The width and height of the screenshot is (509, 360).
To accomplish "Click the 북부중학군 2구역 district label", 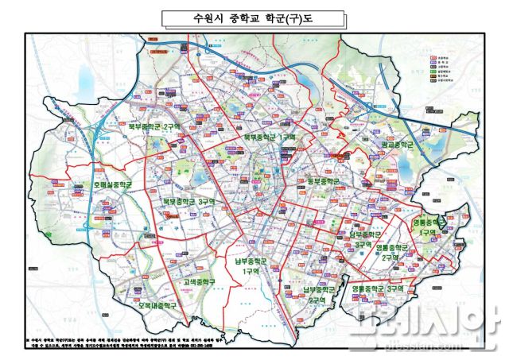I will tap(156, 126).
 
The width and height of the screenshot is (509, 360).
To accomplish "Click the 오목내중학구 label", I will tap(157, 305).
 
